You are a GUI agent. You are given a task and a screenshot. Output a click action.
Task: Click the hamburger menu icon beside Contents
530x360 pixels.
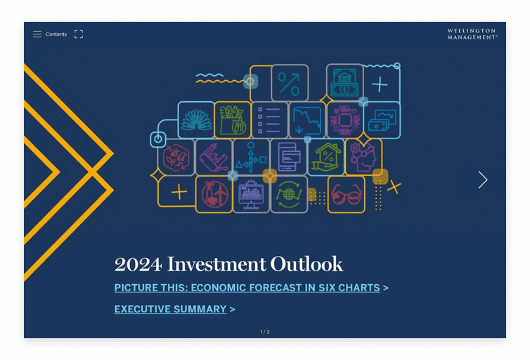click(x=37, y=34)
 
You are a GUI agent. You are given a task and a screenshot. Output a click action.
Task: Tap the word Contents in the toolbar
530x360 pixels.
click(x=56, y=34)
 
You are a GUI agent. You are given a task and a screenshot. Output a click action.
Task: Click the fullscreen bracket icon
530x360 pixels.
click(x=79, y=34)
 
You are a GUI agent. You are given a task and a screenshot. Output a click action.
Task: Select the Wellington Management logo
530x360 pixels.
click(x=472, y=34)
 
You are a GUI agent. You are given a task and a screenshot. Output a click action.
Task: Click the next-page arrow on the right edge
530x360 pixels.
click(x=483, y=179)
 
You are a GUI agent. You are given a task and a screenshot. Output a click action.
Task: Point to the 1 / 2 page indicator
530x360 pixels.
click(x=265, y=332)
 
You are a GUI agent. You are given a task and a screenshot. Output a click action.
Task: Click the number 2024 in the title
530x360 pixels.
click(x=138, y=264)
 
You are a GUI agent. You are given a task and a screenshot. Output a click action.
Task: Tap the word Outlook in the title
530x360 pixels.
click(x=306, y=264)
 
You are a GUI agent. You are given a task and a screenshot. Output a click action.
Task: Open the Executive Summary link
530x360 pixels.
click(x=170, y=309)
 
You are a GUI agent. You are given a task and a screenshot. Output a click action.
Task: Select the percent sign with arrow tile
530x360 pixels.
click(x=290, y=83)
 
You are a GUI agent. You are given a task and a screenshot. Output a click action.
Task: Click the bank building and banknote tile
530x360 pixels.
click(x=344, y=82)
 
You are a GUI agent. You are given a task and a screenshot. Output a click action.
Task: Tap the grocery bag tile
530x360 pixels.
click(x=233, y=120)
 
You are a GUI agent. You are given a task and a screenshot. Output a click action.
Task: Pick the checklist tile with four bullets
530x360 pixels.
click(x=270, y=120)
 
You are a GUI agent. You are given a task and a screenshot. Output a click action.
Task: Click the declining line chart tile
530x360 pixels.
click(x=307, y=120)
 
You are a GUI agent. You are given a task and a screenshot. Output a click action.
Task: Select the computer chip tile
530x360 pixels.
click(x=344, y=120)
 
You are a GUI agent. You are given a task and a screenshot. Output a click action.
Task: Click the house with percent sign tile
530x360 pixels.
click(x=326, y=157)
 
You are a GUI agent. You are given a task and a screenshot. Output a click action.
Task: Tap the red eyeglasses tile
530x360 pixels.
click(x=347, y=194)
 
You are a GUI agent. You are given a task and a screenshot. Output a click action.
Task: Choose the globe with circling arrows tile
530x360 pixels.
click(x=290, y=194)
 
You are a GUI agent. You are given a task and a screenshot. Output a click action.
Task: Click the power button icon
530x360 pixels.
click(x=158, y=139)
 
